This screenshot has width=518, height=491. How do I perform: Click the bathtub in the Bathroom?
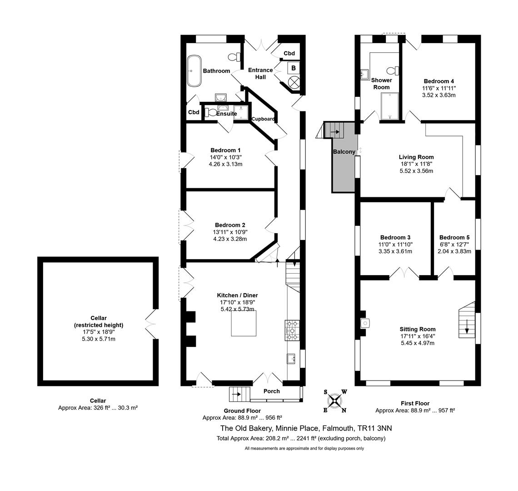point(194,71)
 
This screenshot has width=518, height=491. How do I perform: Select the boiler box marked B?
point(294,69)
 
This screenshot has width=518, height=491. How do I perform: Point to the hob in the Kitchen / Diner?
point(292,331)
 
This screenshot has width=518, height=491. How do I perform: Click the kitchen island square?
point(244,323)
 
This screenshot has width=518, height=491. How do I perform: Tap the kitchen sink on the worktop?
point(291,358)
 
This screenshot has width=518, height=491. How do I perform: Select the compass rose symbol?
point(335,401)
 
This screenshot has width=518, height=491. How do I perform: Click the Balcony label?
point(344,152)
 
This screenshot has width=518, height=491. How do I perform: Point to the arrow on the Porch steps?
point(236,394)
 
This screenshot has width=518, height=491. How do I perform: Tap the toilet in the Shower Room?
point(393,71)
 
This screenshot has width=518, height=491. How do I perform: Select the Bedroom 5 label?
point(454,237)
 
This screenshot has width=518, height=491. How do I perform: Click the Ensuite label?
point(227,114)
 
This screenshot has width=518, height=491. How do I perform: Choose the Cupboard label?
point(263,119)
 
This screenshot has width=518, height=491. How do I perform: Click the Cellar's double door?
point(150,324)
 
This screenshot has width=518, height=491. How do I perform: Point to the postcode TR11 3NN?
point(375,428)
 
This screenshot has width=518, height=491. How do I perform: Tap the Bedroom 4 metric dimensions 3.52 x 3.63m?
point(439,95)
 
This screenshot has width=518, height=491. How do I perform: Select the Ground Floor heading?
point(242,411)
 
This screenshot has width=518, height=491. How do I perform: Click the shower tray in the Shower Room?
point(390,106)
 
